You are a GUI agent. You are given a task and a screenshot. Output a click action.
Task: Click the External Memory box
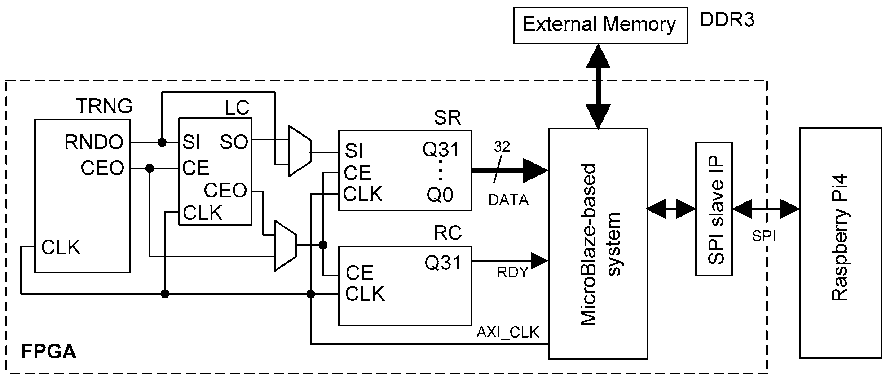(600, 26)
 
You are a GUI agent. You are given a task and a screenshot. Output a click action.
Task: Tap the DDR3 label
(727, 20)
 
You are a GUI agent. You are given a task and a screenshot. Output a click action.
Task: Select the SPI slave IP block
(714, 209)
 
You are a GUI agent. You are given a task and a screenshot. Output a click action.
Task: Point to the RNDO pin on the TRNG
(94, 142)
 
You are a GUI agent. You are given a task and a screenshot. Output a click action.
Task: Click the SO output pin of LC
(234, 142)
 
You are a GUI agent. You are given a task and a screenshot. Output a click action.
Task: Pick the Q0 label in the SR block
(440, 195)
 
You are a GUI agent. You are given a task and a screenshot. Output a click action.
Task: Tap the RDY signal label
(512, 273)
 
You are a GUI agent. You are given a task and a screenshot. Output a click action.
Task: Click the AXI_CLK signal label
(508, 332)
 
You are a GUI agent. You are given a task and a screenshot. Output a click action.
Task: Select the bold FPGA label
(49, 352)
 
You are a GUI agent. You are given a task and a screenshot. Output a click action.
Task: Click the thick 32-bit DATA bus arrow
(510, 170)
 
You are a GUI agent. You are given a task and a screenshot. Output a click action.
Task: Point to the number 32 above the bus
(502, 147)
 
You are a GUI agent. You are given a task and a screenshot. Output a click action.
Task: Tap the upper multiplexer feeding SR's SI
(300, 151)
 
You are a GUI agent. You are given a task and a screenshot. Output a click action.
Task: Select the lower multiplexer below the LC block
(285, 246)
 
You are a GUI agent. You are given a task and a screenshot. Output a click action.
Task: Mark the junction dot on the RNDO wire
(162, 142)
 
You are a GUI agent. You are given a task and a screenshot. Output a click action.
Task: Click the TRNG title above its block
(104, 106)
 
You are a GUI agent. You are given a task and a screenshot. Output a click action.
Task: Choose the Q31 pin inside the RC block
(443, 263)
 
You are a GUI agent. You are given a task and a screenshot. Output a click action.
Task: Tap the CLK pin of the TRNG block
(61, 248)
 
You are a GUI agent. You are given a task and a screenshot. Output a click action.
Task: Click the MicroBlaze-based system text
(601, 244)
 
